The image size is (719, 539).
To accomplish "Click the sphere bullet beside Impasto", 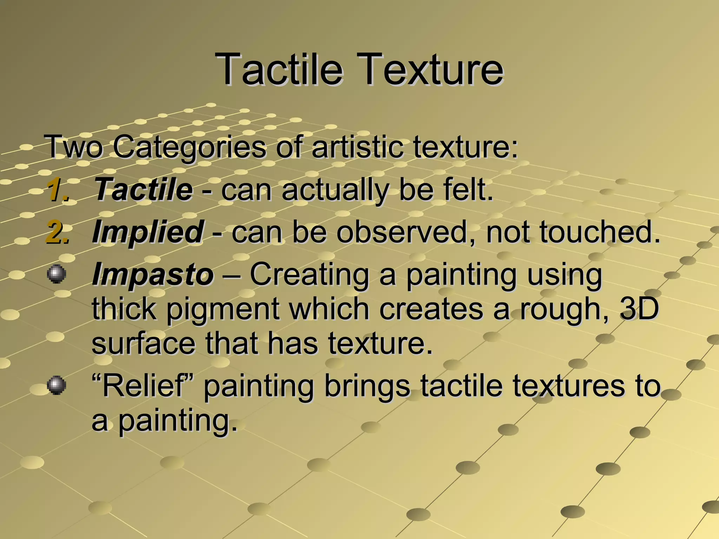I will point(56,274).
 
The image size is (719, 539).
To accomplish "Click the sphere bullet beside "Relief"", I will point(56,386).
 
